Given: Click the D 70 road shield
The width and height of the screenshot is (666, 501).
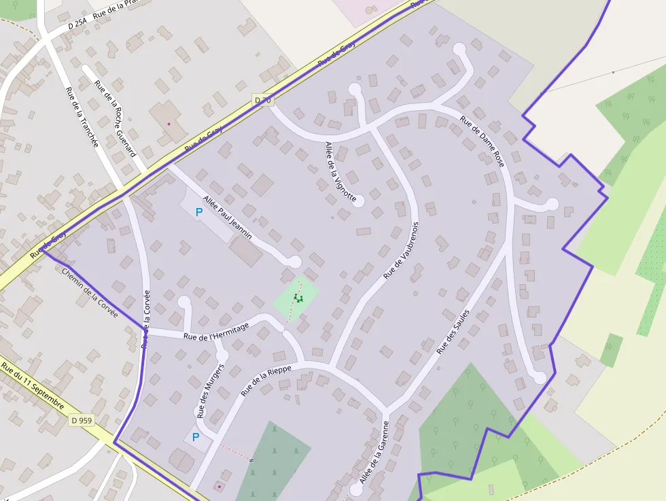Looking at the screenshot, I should click(x=262, y=100).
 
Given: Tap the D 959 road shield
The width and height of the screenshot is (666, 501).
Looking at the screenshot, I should click(x=81, y=420).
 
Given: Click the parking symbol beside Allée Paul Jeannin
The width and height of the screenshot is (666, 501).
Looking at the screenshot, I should click(x=199, y=212).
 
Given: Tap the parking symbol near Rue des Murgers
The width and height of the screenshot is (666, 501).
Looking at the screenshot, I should click(x=196, y=437).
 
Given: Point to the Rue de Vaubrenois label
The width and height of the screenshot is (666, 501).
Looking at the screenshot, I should click(x=402, y=249).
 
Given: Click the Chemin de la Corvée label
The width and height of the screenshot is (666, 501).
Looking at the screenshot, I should click(x=90, y=293).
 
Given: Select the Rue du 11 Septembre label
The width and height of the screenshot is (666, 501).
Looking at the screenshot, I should click(x=33, y=386).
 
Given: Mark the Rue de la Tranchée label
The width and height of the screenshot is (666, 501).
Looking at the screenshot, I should click(x=82, y=116).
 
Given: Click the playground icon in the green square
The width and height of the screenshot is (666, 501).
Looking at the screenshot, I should click(x=298, y=298).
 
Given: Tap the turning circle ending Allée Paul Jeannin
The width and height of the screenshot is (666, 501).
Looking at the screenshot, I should click(x=294, y=262).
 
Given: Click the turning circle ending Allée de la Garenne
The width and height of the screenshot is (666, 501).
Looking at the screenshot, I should click(x=355, y=489).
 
